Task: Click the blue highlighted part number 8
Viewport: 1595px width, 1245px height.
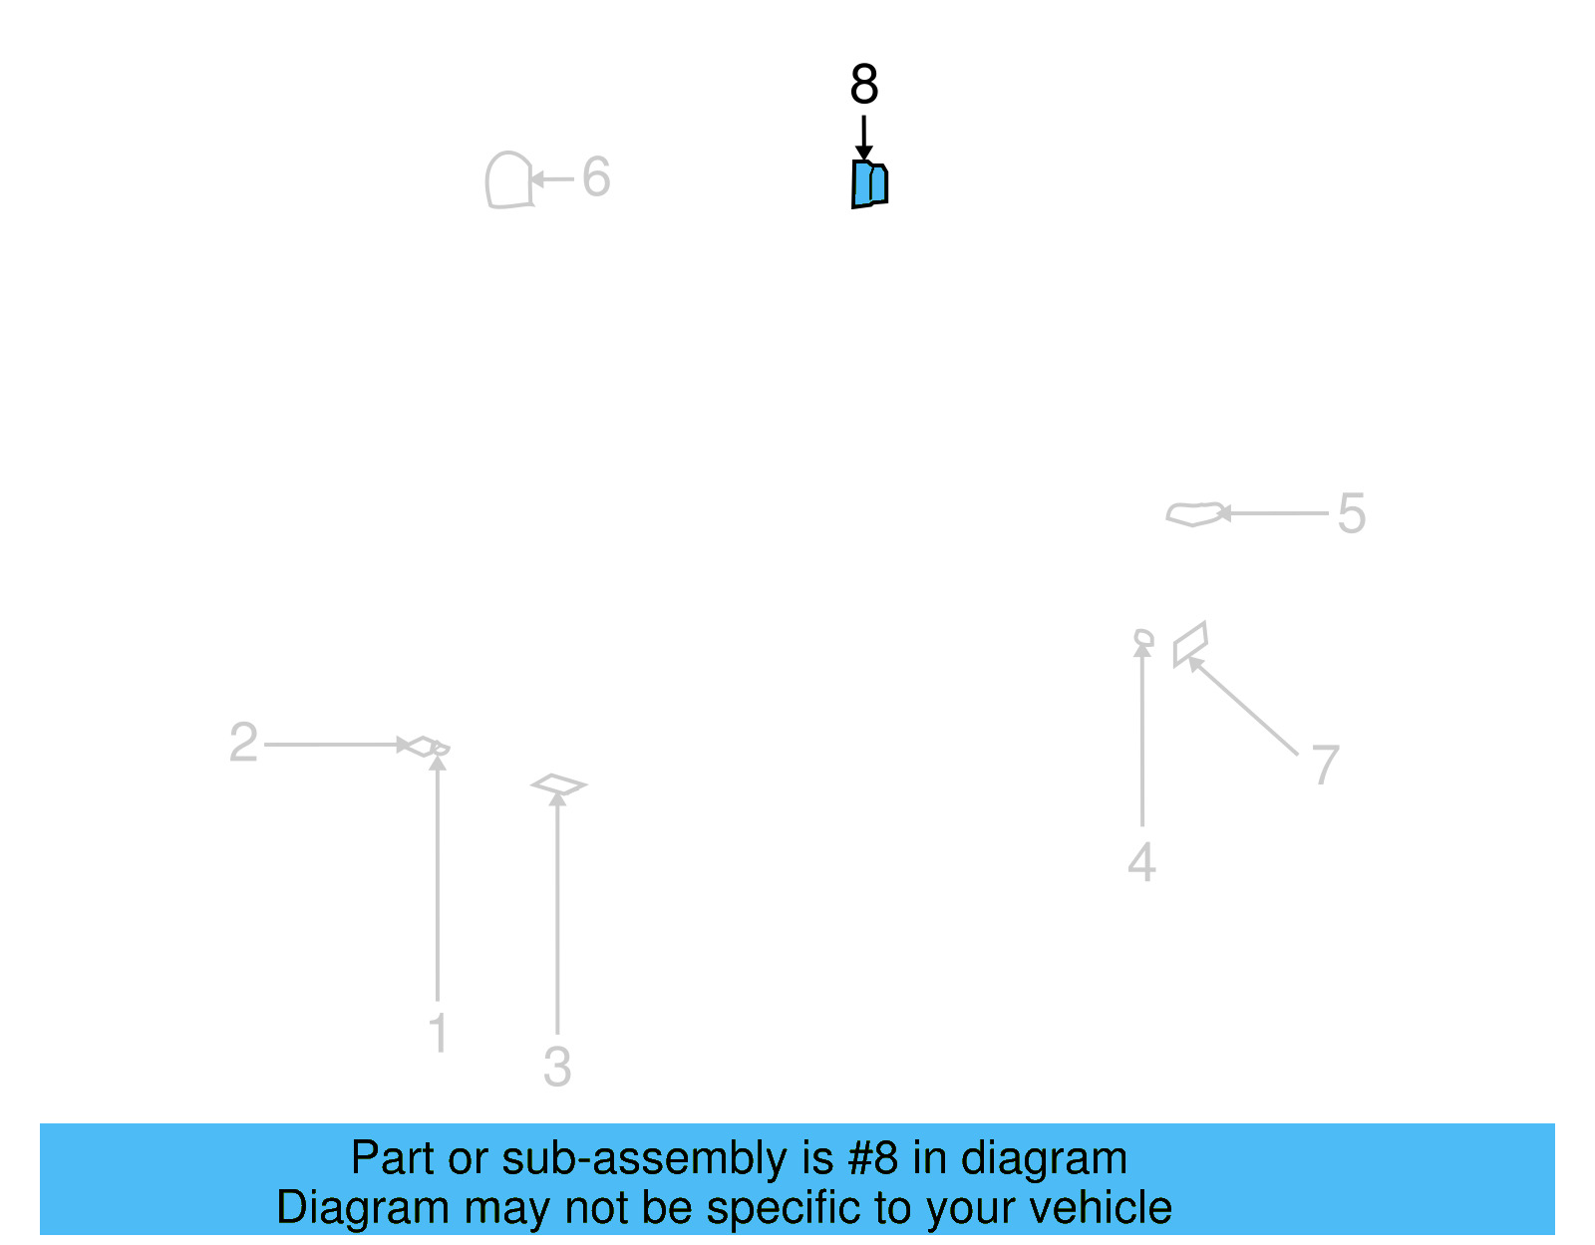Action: pyautogui.click(x=868, y=184)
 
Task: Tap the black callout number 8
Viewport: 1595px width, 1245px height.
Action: pyautogui.click(x=864, y=85)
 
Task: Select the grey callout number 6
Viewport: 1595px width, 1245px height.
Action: pyautogui.click(x=596, y=177)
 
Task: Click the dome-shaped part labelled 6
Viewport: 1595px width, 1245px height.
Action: pyautogui.click(x=509, y=180)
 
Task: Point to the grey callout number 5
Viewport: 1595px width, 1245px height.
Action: pyautogui.click(x=1351, y=513)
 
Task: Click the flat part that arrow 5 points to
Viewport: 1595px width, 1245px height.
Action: pyautogui.click(x=1194, y=514)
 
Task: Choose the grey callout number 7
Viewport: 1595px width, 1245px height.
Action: pyautogui.click(x=1325, y=766)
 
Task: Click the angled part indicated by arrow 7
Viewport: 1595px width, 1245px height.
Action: pyautogui.click(x=1190, y=644)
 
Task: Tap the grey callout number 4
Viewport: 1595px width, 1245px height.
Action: pyautogui.click(x=1141, y=862)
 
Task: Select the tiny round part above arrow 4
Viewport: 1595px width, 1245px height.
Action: pyautogui.click(x=1144, y=638)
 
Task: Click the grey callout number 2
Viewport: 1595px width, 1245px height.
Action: pyautogui.click(x=244, y=743)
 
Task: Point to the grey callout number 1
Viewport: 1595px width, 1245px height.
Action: pyautogui.click(x=438, y=1033)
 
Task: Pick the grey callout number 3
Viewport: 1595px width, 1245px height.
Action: pyautogui.click(x=557, y=1067)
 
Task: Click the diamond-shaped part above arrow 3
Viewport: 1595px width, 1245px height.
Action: pyautogui.click(x=558, y=784)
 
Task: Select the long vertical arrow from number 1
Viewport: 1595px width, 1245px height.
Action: pyautogui.click(x=438, y=877)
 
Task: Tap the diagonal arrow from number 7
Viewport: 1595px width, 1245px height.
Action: pyautogui.click(x=1244, y=707)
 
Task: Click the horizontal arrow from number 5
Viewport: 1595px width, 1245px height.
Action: pyautogui.click(x=1276, y=513)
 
